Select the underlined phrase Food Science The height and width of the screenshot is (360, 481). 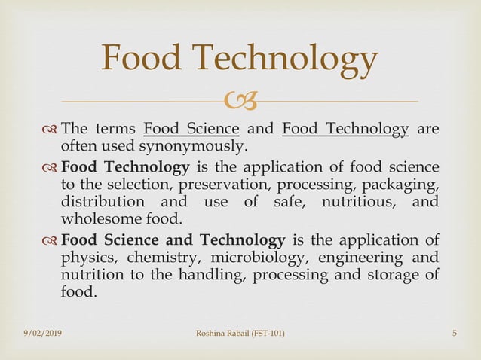pos(191,128)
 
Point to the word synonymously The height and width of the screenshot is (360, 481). pos(202,145)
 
